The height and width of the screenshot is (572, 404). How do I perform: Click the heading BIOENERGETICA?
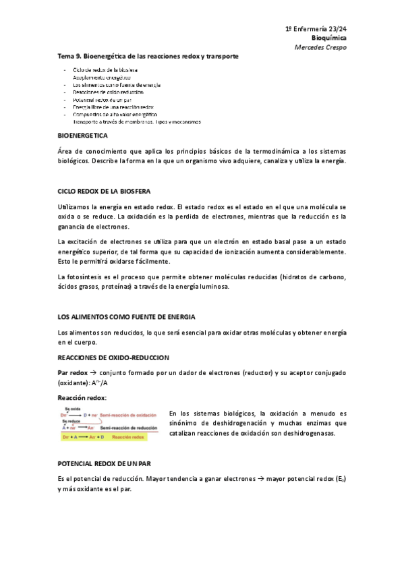pyautogui.click(x=84, y=136)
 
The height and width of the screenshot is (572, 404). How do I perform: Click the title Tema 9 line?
pyautogui.click(x=148, y=57)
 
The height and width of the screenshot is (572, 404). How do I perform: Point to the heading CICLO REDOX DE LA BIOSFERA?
pyautogui.click(x=104, y=192)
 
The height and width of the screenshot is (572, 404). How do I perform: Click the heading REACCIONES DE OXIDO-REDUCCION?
pyautogui.click(x=113, y=357)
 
